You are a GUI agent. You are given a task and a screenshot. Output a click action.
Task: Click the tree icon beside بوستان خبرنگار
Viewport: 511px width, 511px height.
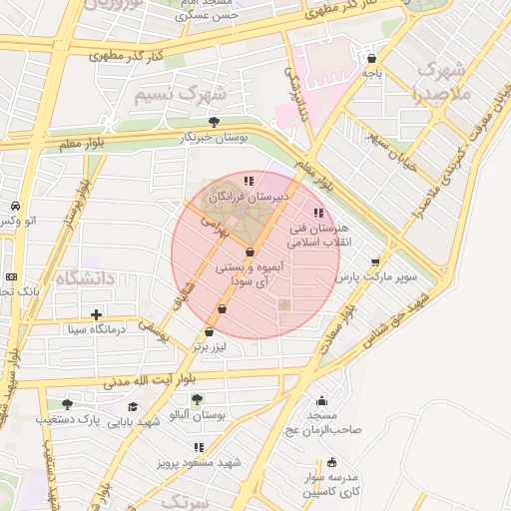(x=214, y=122)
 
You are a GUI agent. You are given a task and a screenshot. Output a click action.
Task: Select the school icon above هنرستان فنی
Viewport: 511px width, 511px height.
(x=318, y=213)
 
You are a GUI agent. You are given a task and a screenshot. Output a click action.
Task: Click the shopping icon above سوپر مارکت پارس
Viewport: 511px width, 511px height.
(x=375, y=262)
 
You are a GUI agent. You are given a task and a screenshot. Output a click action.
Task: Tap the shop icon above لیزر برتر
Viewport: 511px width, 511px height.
(x=209, y=332)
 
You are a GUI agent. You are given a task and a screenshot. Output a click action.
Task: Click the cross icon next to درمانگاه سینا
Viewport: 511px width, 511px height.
(x=96, y=315)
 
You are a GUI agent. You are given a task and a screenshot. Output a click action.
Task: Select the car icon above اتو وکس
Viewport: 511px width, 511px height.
(x=15, y=205)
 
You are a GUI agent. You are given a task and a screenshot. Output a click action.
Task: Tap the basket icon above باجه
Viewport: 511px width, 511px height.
(x=372, y=59)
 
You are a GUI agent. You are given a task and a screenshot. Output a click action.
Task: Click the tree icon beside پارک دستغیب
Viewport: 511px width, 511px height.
(x=67, y=404)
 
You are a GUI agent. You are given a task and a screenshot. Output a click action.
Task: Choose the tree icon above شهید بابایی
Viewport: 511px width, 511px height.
(x=134, y=407)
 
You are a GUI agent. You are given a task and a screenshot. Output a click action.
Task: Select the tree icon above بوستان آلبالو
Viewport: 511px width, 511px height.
(x=221, y=401)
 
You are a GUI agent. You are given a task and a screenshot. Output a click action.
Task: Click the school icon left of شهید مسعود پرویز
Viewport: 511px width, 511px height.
(x=199, y=448)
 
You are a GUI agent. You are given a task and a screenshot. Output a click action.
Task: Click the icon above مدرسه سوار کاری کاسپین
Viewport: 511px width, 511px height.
(x=332, y=462)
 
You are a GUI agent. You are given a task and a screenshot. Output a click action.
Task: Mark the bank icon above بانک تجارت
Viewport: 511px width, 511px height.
(x=10, y=276)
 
